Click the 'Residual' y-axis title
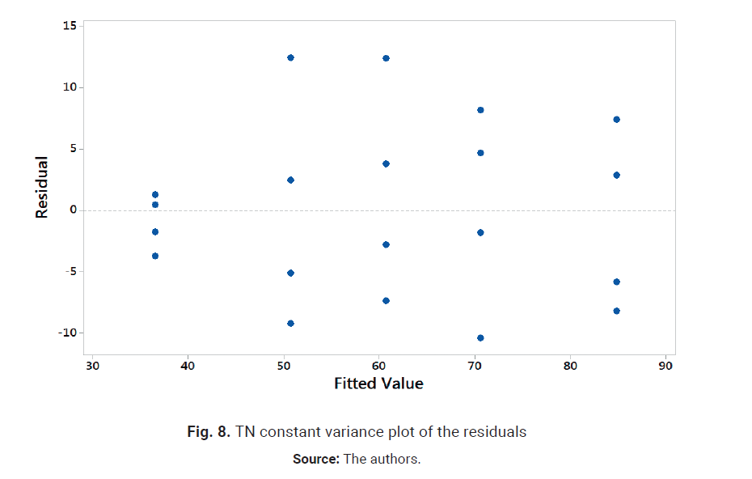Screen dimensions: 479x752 pyautogui.click(x=42, y=187)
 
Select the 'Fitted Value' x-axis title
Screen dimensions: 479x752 pyautogui.click(x=378, y=384)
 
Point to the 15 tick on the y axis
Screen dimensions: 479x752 pyautogui.click(x=70, y=26)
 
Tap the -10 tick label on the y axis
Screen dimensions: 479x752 pyautogui.click(x=67, y=333)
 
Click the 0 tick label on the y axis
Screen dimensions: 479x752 pyautogui.click(x=72, y=210)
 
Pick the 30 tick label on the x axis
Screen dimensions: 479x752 pyautogui.click(x=92, y=365)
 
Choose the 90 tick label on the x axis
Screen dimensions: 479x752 pyautogui.click(x=665, y=365)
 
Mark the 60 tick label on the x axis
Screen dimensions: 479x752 pyautogui.click(x=378, y=365)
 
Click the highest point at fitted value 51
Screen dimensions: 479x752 pyautogui.click(x=290, y=57)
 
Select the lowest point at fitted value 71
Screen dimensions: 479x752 pyautogui.click(x=480, y=337)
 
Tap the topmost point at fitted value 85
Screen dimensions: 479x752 pyautogui.click(x=616, y=119)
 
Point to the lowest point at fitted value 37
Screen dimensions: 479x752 pyautogui.click(x=155, y=256)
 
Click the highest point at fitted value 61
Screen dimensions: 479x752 pyautogui.click(x=386, y=58)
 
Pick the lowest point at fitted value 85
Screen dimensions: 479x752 pyautogui.click(x=616, y=311)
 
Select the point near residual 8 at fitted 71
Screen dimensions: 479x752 pyautogui.click(x=480, y=110)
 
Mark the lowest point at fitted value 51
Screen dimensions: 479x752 pyautogui.click(x=290, y=323)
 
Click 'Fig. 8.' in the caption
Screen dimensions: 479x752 pyautogui.click(x=208, y=432)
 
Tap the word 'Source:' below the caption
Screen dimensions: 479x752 pyautogui.click(x=315, y=460)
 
